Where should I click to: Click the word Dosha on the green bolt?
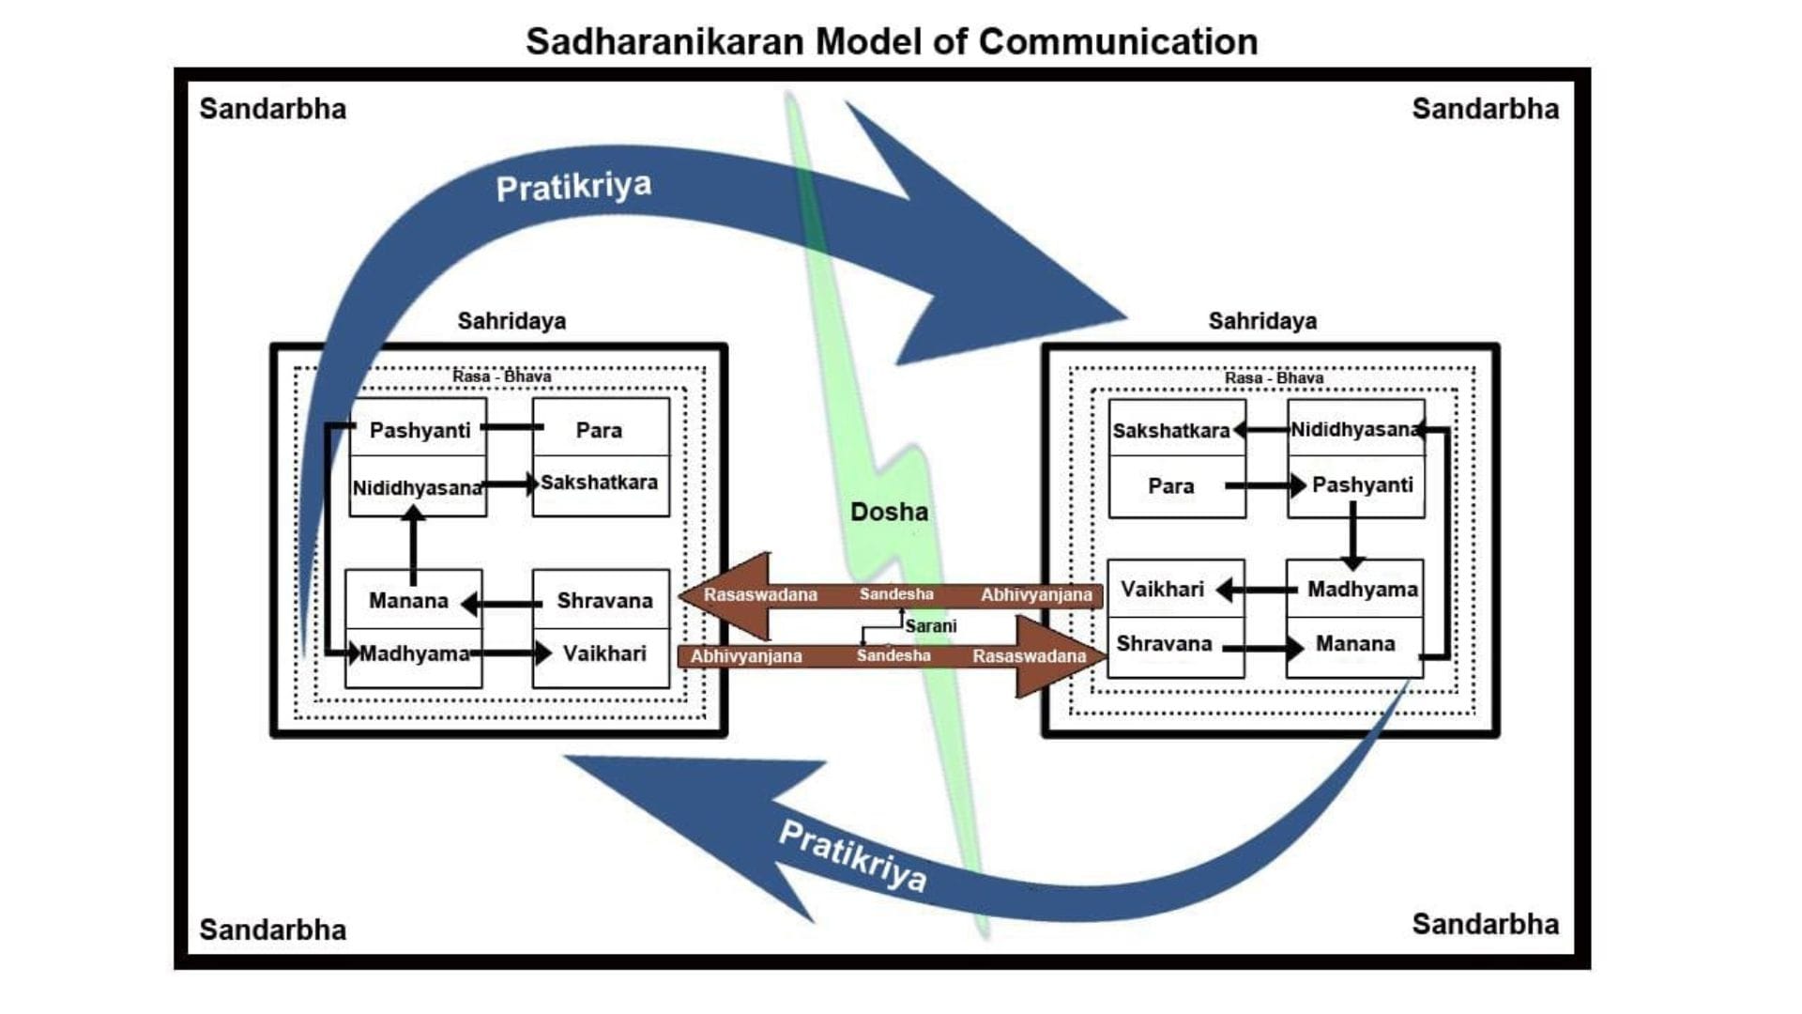889,512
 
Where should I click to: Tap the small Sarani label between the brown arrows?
930,626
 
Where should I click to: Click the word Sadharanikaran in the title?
665,42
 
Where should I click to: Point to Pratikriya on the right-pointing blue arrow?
573,187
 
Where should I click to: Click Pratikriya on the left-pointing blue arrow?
852,855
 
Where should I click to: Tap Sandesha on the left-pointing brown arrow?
896,594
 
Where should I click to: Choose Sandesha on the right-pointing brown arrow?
893,655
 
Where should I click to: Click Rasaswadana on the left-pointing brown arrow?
760,595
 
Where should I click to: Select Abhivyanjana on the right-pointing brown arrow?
746,656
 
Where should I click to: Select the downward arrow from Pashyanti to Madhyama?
1352,535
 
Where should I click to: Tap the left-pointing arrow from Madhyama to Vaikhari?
1257,591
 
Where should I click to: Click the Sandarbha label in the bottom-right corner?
1485,924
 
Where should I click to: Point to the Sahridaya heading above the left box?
512,321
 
